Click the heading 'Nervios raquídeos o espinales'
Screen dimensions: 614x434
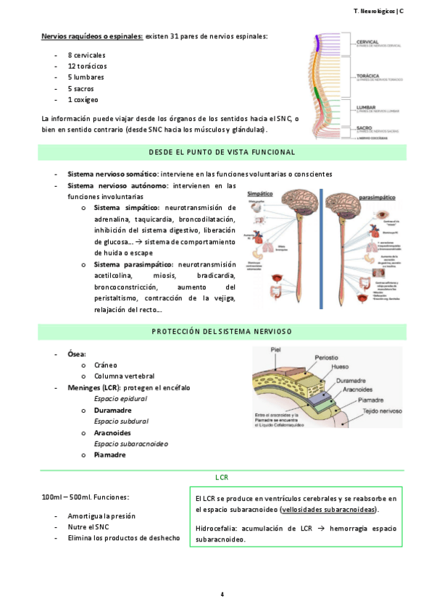92,35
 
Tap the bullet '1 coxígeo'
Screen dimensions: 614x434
83,99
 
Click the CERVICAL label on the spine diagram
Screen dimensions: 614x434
367,42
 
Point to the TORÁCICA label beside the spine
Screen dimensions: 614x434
367,75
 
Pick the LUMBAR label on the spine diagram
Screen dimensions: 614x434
365,107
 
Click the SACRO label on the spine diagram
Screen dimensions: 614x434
364,127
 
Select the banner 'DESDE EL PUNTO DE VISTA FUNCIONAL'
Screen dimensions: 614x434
222,152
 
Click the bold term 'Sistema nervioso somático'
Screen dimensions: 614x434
112,174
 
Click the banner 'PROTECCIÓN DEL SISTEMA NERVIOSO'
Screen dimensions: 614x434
222,332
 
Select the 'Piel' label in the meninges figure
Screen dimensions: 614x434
275,349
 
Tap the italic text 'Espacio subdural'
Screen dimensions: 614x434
121,421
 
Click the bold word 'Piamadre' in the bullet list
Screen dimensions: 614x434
109,455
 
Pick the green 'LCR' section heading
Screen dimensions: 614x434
222,478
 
